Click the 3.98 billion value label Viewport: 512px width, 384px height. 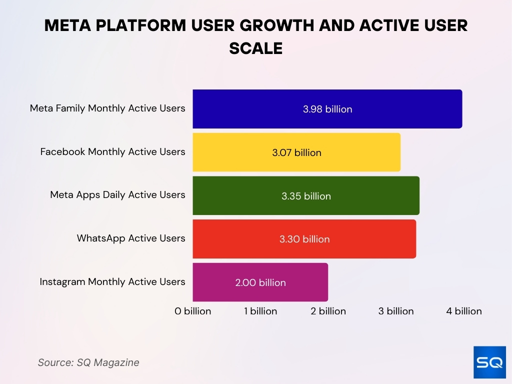[x=327, y=109]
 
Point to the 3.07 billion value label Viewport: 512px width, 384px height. [x=296, y=152]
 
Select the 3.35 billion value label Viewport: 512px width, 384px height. [x=306, y=196]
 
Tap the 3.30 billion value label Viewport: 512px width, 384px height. [x=304, y=239]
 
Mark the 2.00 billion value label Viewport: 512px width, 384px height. [x=260, y=282]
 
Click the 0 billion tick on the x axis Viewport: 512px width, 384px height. [x=192, y=311]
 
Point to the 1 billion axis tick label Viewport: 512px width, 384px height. [x=260, y=311]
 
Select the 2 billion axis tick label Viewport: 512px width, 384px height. [x=328, y=311]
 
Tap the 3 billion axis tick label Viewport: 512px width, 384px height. [x=396, y=311]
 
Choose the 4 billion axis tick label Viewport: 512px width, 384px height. [x=464, y=311]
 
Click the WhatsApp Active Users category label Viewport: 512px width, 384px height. [x=131, y=238]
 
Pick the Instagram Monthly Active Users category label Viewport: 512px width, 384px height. [x=112, y=282]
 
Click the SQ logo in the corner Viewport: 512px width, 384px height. [x=489, y=362]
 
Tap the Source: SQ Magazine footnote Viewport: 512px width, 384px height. [x=88, y=362]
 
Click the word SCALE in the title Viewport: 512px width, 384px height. [x=256, y=48]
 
